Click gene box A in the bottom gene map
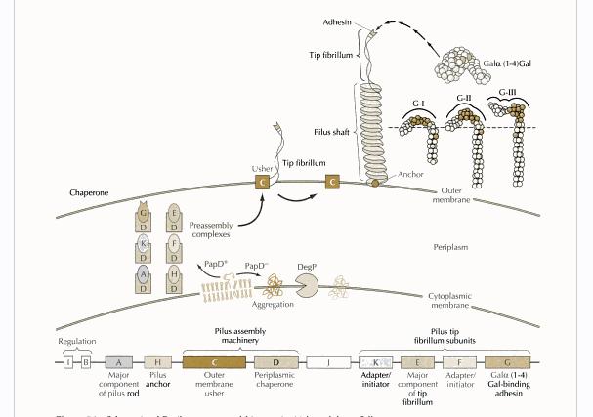(118, 362)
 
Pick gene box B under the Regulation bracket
(86, 362)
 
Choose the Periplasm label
(451, 248)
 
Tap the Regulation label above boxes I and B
(77, 342)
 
